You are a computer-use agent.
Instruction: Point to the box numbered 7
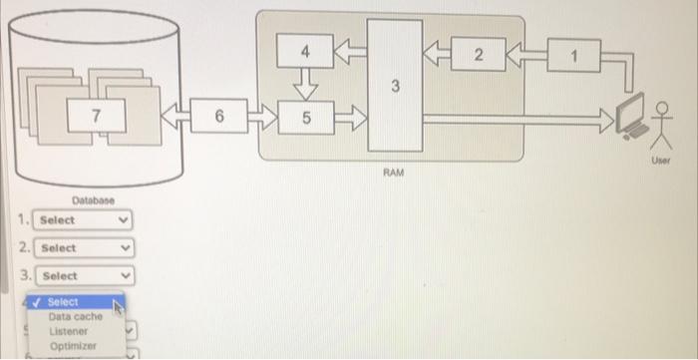(96, 117)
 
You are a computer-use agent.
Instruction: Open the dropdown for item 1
(83, 219)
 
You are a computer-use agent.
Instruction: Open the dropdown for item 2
(83, 247)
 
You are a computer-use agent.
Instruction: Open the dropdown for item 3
(83, 275)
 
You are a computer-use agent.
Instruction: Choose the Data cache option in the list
(75, 316)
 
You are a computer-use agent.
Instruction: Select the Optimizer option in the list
(71, 345)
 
